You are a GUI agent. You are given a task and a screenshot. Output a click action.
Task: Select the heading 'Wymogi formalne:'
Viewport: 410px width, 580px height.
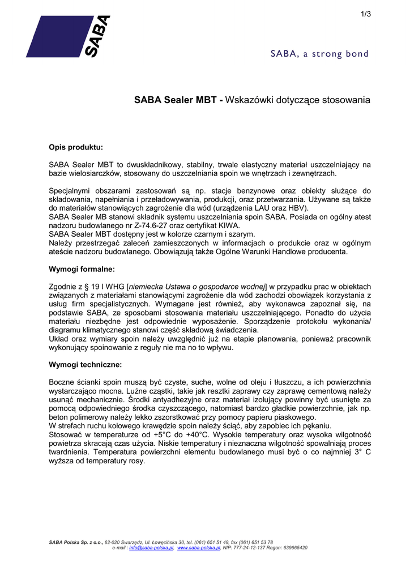point(82,269)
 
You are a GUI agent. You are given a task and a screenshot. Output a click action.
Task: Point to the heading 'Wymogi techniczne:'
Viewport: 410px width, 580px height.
point(86,364)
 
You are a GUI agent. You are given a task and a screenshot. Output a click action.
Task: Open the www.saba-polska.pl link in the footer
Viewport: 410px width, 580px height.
point(199,548)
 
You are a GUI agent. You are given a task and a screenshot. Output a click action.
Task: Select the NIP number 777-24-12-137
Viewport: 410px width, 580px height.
point(245,548)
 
